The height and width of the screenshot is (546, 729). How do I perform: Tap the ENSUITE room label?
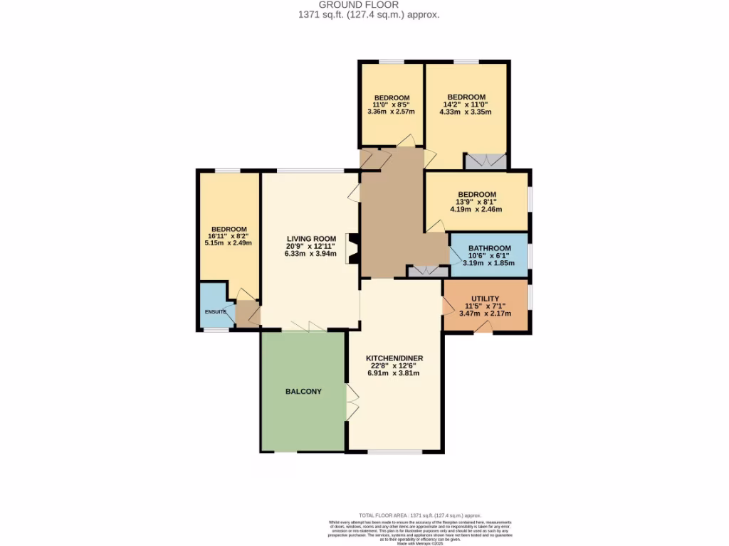[215, 311]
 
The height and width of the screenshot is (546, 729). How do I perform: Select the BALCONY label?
[303, 392]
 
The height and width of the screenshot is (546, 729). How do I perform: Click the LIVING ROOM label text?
[311, 238]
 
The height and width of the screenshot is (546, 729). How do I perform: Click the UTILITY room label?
[485, 299]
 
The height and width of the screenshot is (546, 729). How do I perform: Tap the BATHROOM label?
[489, 247]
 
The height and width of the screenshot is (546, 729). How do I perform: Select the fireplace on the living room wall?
[352, 250]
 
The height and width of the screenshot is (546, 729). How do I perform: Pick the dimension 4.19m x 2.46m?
[476, 209]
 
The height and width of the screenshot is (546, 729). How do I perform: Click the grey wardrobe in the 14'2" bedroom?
[486, 161]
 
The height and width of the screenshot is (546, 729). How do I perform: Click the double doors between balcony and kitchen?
[352, 402]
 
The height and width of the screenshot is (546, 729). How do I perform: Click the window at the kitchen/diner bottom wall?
[395, 451]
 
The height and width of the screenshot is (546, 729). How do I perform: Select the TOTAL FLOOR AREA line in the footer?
[419, 515]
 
